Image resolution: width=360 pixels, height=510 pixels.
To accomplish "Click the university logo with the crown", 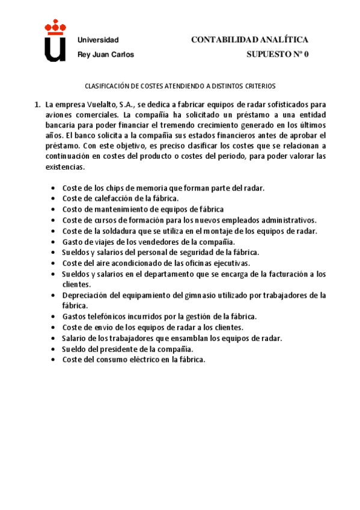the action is pos(55,41).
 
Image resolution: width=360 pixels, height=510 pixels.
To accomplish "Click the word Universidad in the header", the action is pos(98,40).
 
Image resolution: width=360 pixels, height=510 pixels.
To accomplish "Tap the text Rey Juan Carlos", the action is pos(106,54).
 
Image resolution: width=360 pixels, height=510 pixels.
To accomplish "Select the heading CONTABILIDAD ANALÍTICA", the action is pos(249,40).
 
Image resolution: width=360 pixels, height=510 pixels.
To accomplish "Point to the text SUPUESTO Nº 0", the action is pos(277,54).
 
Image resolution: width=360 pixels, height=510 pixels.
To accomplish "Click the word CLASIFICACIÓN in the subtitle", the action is pos(106,86).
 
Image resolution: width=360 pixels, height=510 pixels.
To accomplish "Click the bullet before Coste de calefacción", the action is pos(54,198).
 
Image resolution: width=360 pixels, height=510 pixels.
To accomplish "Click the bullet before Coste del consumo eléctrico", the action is pos(54,360).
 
